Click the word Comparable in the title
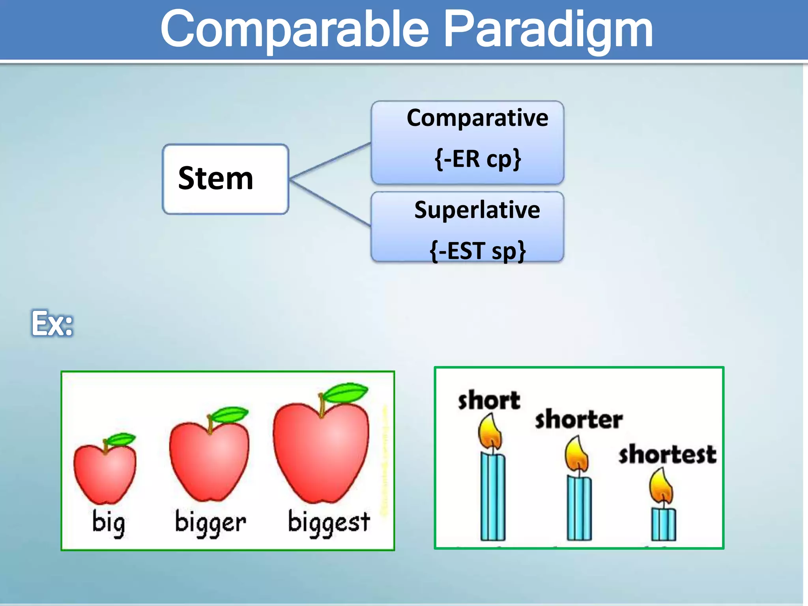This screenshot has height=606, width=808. coord(294,30)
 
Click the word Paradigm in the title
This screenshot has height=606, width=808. coord(548,30)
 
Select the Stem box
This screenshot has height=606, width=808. coord(225,179)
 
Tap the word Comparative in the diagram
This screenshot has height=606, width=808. coord(477,118)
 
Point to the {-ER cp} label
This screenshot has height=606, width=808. coord(477,159)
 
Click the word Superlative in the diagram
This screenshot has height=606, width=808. coord(477,210)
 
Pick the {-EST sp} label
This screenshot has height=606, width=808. coord(477,251)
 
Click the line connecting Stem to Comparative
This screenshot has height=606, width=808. coord(331,161)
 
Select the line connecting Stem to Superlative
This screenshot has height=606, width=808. coord(331,203)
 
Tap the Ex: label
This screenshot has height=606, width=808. coord(52,324)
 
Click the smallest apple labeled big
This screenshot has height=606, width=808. coord(105,473)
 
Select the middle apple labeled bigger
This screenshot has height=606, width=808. coord(209,460)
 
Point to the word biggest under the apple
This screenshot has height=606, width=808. coord(329,523)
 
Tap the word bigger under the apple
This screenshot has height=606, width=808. coord(210,523)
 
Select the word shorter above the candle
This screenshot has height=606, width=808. coord(579,419)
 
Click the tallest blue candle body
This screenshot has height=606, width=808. coord(493,497)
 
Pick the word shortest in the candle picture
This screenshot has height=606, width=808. coord(667,454)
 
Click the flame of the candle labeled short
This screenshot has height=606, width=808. coord(490,432)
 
